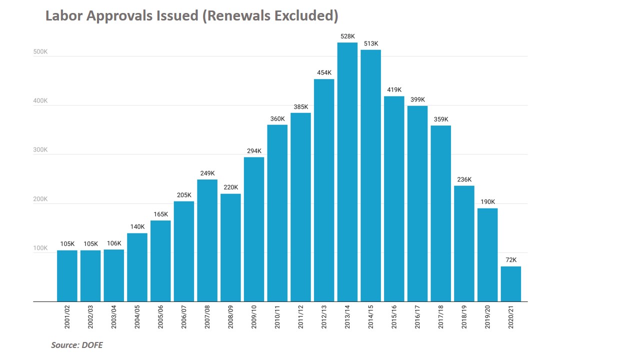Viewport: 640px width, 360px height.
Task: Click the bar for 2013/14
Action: [347, 172]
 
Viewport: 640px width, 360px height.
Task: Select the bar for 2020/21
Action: [511, 284]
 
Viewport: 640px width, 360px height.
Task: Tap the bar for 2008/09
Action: [230, 247]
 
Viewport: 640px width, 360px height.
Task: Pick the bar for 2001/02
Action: [67, 275]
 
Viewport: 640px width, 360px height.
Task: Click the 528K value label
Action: [347, 36]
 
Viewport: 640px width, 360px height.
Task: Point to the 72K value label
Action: [511, 260]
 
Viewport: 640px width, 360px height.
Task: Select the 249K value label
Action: [207, 173]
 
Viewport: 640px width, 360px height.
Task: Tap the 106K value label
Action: [114, 243]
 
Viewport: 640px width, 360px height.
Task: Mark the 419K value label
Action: [394, 90]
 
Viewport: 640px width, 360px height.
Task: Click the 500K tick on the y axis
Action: [40, 51]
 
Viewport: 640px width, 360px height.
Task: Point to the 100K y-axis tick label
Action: [40, 248]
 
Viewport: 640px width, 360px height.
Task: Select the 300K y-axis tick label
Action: [40, 150]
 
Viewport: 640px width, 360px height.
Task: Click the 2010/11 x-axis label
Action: [277, 316]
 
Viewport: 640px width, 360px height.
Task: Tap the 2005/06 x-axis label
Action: [160, 316]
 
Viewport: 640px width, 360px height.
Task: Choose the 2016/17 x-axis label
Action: [417, 316]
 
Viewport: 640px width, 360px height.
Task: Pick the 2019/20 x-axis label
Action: [487, 316]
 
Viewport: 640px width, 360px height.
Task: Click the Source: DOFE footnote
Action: [76, 345]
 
